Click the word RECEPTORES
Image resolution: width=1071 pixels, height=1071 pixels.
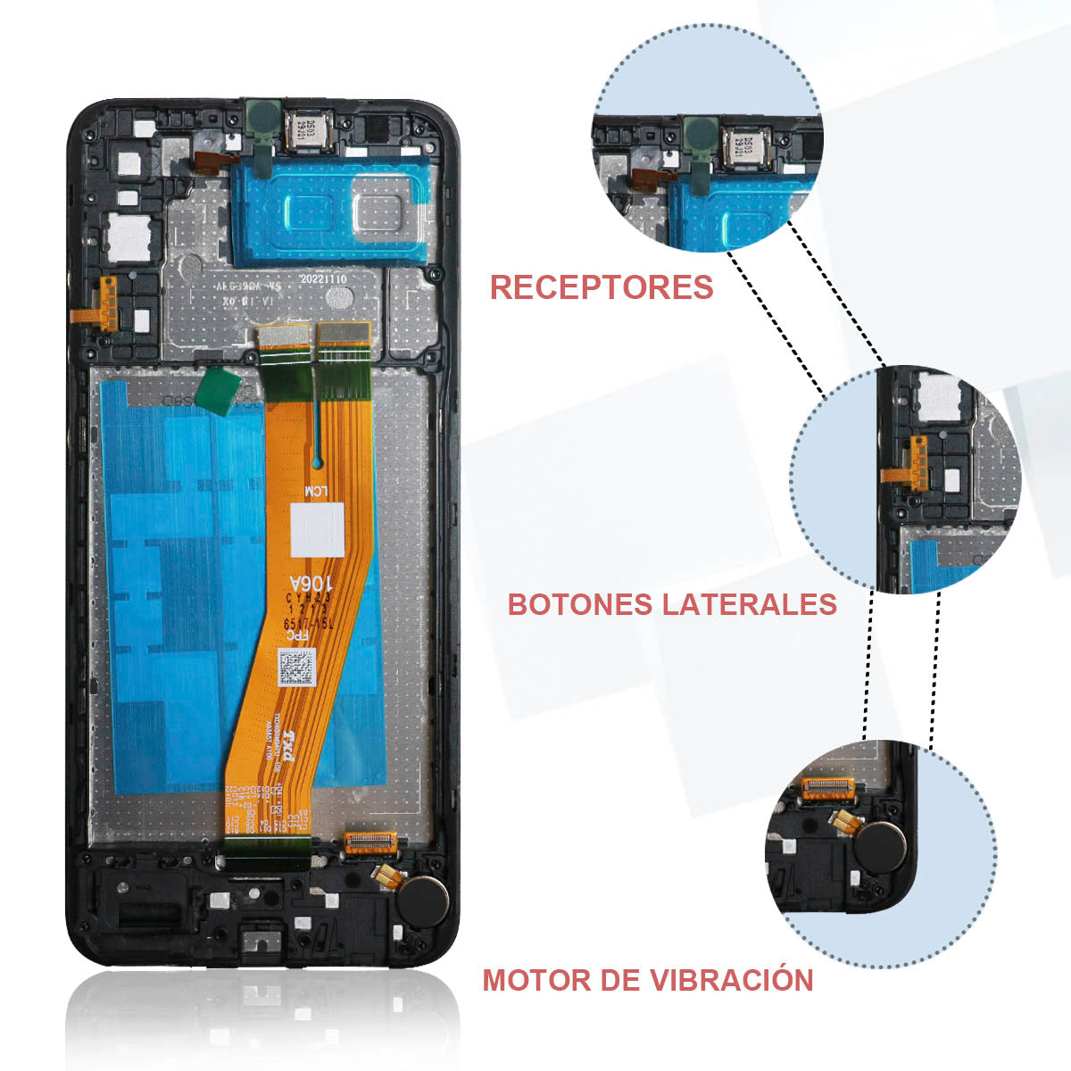[602, 287]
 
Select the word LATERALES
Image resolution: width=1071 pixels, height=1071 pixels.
[750, 604]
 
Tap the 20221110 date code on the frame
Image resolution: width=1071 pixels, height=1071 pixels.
[320, 278]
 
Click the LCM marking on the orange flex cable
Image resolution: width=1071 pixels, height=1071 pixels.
[317, 491]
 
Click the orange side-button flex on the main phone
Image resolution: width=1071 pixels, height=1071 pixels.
[106, 302]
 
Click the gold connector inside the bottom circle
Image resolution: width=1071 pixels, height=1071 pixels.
[828, 787]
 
